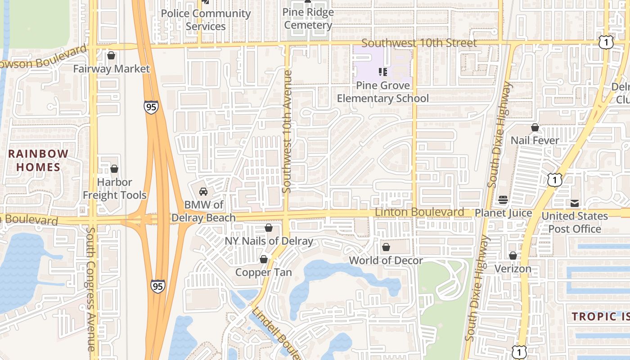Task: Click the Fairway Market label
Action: [111, 69]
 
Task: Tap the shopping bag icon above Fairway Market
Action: [111, 56]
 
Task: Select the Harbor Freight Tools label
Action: [115, 189]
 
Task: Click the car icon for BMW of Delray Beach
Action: [203, 192]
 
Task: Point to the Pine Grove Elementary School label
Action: [382, 92]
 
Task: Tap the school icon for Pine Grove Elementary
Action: [383, 72]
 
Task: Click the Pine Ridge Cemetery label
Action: [308, 18]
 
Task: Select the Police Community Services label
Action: [206, 20]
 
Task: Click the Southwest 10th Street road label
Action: [419, 43]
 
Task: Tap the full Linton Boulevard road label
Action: [419, 212]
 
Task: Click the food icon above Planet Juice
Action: [503, 200]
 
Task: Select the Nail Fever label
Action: [535, 140]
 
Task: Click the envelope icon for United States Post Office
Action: [575, 203]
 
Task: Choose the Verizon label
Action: [513, 269]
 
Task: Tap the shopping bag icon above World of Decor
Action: [386, 247]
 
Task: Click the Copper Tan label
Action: [264, 272]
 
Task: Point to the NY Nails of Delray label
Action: [269, 241]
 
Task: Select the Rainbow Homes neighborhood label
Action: [38, 160]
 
